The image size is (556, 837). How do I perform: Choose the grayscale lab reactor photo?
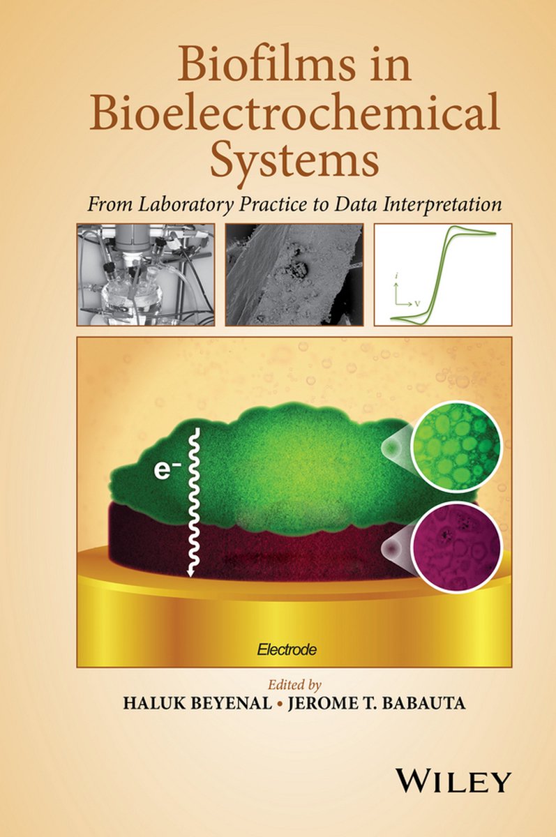click(x=146, y=275)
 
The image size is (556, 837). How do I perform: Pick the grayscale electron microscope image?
click(x=294, y=275)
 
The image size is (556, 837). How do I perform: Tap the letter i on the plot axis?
click(x=396, y=276)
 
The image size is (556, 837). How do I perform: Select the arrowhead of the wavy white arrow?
click(x=190, y=572)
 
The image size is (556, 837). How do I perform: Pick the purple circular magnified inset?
click(x=456, y=550)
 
